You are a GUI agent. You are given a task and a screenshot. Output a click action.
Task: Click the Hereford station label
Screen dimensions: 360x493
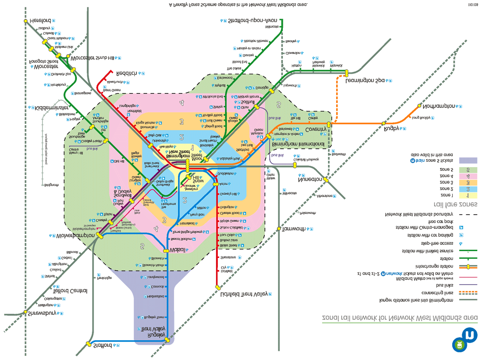38,21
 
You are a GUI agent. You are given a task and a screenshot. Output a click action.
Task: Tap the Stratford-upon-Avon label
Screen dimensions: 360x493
253,21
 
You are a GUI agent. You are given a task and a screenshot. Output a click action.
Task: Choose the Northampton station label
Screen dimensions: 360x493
439,106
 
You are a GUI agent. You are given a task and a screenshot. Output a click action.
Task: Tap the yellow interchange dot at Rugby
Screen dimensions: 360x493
384,123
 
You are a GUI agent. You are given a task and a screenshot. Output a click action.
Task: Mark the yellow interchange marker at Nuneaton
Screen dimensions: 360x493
326,179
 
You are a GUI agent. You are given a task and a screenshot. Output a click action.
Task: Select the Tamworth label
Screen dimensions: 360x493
294,229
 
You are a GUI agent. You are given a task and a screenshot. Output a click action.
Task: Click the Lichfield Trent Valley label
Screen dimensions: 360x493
244,294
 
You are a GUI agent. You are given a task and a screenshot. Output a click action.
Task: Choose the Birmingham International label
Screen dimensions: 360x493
298,144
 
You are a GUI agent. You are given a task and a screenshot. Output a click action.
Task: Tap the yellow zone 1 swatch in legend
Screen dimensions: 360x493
467,196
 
